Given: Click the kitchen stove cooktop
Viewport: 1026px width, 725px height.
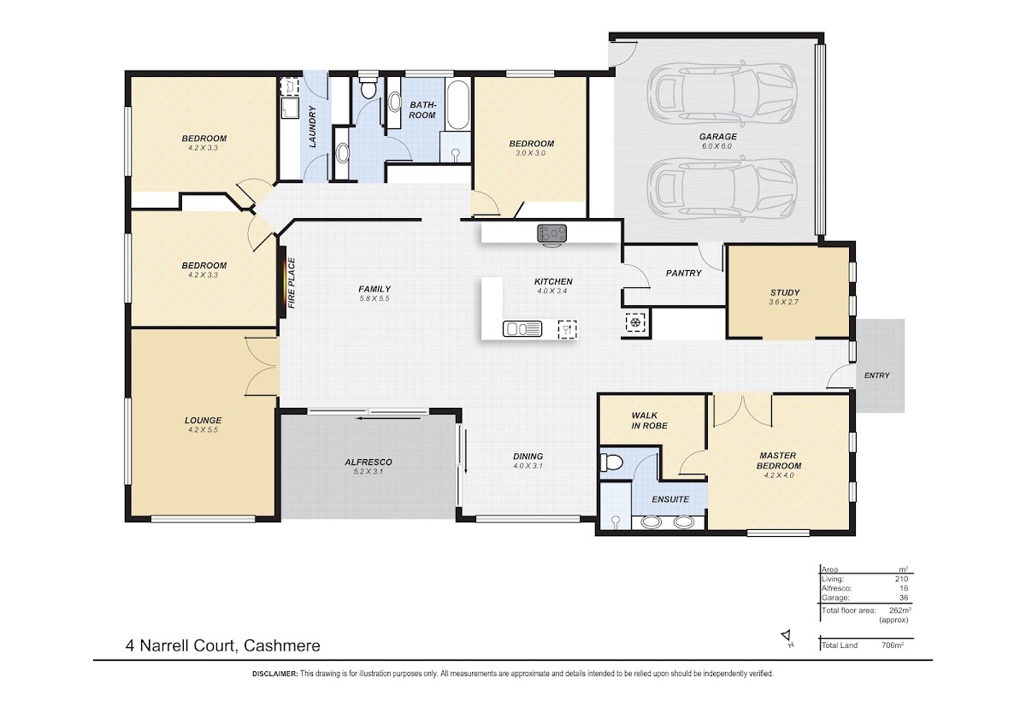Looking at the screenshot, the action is (x=552, y=233).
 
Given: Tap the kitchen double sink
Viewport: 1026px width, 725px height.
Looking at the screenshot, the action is (x=522, y=329).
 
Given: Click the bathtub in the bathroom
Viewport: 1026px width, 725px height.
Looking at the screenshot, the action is (x=457, y=105).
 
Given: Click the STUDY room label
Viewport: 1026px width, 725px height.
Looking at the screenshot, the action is (x=785, y=292).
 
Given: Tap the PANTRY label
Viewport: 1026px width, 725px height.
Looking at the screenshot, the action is (x=683, y=273).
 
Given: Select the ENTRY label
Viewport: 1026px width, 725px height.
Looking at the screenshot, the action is (x=876, y=375).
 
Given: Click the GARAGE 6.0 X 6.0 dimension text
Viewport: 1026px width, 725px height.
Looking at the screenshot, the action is (x=717, y=146).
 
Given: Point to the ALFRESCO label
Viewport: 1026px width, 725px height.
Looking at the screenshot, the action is (x=369, y=463).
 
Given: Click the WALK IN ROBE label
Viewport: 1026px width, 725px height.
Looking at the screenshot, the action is (x=649, y=421).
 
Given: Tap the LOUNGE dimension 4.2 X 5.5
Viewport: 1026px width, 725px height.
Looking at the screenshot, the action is (x=203, y=430).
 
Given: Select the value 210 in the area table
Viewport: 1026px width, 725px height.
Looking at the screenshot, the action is (x=901, y=579).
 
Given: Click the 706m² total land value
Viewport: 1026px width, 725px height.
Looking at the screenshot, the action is (x=893, y=645).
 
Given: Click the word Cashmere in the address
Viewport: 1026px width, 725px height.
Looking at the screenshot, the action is (x=281, y=645).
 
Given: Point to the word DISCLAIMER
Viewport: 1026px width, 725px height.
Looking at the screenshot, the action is (x=274, y=674).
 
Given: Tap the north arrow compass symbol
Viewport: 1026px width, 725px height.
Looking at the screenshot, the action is (x=787, y=638).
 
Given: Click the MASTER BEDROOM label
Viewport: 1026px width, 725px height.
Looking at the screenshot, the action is (x=778, y=461).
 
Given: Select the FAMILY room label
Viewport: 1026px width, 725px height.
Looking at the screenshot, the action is (x=374, y=289).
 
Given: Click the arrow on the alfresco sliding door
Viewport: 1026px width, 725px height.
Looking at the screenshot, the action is (x=389, y=418).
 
